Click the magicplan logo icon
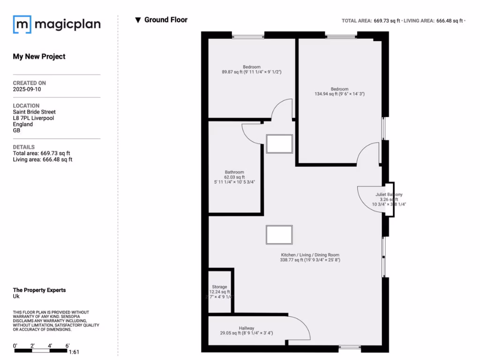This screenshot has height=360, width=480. [x=22, y=24]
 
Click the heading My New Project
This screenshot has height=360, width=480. [x=39, y=57]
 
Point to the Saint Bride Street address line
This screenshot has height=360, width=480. [x=34, y=112]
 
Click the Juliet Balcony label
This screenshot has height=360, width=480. [x=389, y=195]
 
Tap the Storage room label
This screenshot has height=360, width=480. [x=219, y=287]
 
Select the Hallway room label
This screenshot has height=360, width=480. [x=246, y=328]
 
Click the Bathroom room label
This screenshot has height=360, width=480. [x=234, y=172]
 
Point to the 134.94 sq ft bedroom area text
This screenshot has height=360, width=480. [x=339, y=94]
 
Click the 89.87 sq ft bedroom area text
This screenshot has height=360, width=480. [x=251, y=72]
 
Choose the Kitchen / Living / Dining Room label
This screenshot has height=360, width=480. [x=309, y=254]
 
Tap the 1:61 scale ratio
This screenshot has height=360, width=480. [x=74, y=352]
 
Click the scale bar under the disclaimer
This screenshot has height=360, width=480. [x=41, y=350]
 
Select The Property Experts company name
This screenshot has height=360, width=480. [x=39, y=290]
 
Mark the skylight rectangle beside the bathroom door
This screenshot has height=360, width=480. [x=279, y=144]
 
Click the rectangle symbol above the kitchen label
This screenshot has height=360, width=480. [x=279, y=235]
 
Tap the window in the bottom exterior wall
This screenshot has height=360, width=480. [x=350, y=348]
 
